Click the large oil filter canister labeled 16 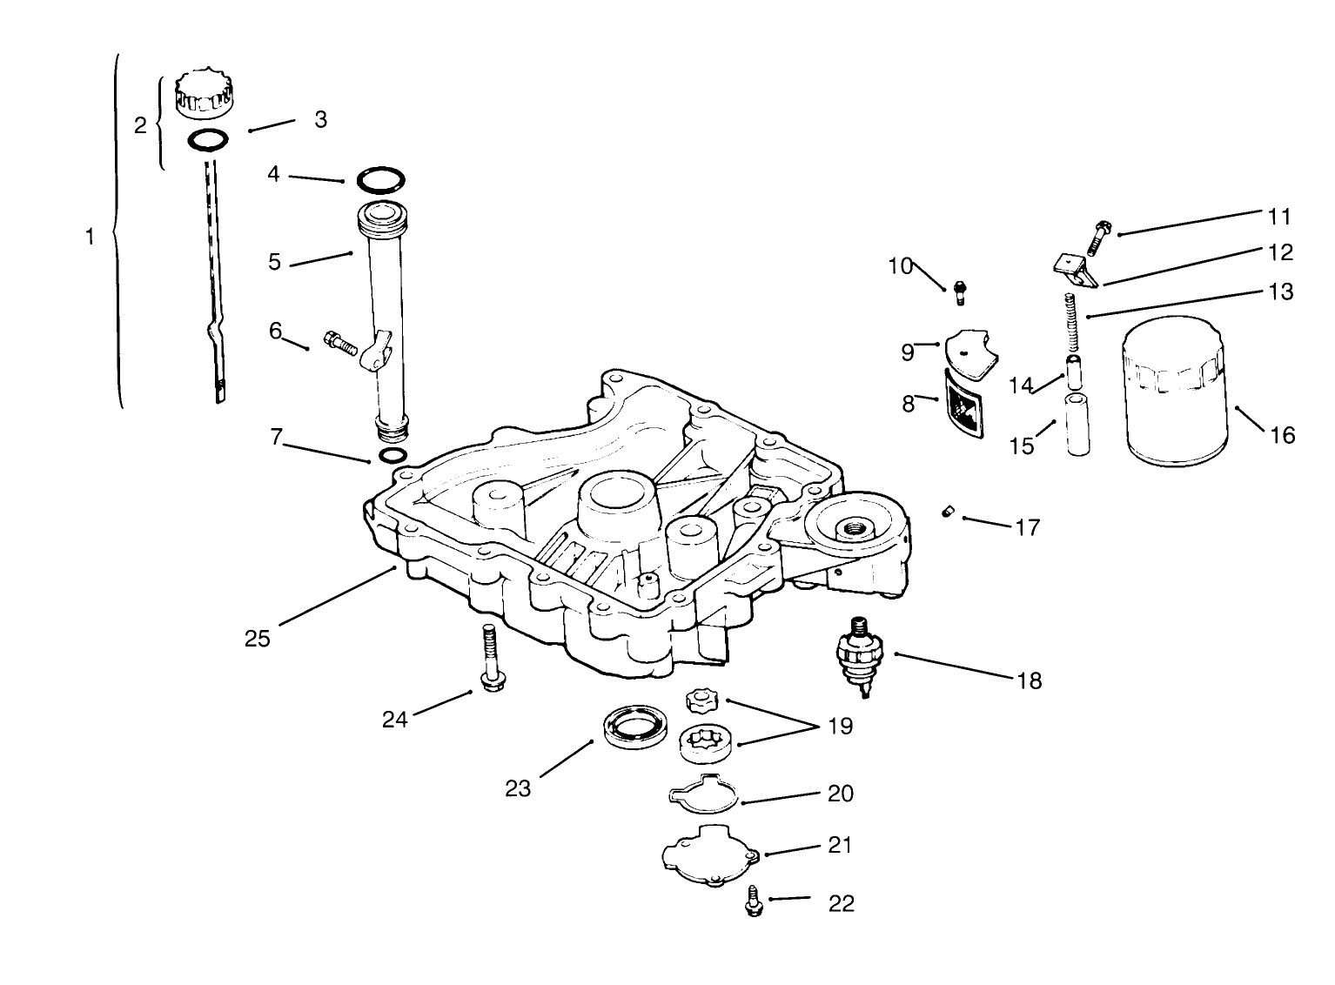[x=1177, y=392]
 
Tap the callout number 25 [x=258, y=639]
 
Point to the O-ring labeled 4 [x=380, y=181]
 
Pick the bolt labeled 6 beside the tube [x=340, y=343]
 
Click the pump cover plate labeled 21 [x=708, y=854]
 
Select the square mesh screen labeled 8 [x=963, y=405]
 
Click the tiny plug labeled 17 [x=949, y=513]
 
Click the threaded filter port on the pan [x=847, y=526]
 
